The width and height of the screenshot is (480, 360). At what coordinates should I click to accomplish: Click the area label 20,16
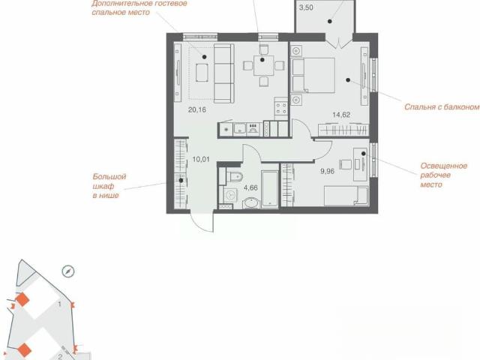196,109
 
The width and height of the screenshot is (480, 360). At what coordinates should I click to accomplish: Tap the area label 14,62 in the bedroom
341,115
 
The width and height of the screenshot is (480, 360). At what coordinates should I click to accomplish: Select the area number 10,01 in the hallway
201,159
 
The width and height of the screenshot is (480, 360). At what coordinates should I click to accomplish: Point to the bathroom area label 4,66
250,187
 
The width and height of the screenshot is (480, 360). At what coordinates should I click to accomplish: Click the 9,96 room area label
327,172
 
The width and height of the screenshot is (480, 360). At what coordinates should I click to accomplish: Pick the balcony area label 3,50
306,7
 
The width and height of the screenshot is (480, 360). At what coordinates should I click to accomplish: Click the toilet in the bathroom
234,177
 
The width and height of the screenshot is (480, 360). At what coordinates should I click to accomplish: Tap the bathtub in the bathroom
270,189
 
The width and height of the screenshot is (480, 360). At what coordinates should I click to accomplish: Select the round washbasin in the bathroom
251,203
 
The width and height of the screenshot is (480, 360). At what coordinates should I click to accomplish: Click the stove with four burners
281,108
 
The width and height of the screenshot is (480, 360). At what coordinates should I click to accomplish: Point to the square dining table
263,65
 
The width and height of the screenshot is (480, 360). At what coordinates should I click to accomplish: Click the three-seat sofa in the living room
223,73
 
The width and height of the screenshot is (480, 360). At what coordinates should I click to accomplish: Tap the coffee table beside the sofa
202,73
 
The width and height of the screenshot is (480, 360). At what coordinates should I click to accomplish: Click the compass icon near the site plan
68,271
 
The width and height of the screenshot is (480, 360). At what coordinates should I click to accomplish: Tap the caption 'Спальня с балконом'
442,106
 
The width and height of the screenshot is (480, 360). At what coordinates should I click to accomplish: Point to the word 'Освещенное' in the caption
443,166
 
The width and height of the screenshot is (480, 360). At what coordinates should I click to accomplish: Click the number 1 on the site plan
60,304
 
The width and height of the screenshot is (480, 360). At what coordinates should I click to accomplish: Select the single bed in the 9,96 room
346,195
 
